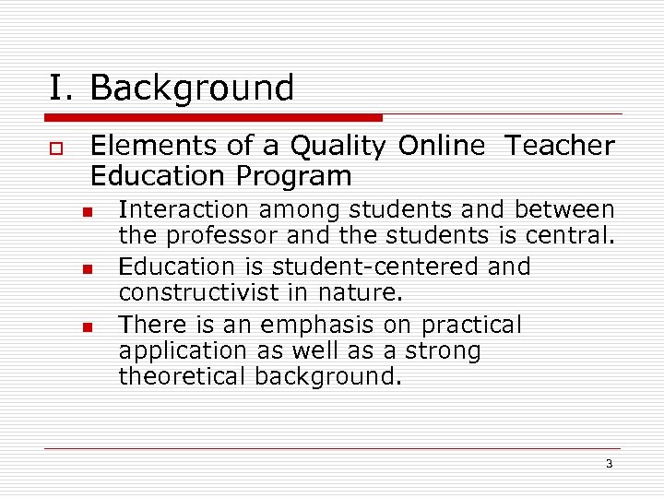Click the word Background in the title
click(192, 89)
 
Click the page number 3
click(609, 464)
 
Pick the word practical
click(471, 326)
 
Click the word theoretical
click(184, 377)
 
